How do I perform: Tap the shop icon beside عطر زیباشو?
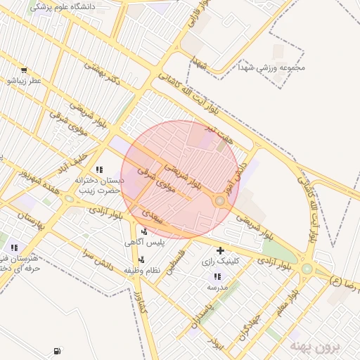(x=24, y=70)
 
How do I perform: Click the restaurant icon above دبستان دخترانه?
(x=99, y=169)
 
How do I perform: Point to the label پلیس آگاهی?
(x=144, y=243)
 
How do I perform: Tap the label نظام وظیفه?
(x=144, y=270)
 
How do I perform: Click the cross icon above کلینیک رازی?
(x=221, y=250)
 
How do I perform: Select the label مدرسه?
(x=217, y=288)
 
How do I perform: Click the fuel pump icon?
(x=56, y=351)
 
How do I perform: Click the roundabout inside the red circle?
(x=220, y=202)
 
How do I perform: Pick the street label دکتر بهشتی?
(x=102, y=73)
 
